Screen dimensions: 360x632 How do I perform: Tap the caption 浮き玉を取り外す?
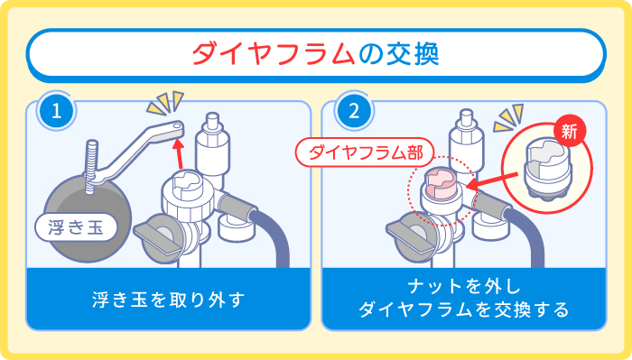[168, 297]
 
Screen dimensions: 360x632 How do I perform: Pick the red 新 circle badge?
[569, 128]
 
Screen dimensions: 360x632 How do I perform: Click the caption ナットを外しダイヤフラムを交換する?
[463, 298]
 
